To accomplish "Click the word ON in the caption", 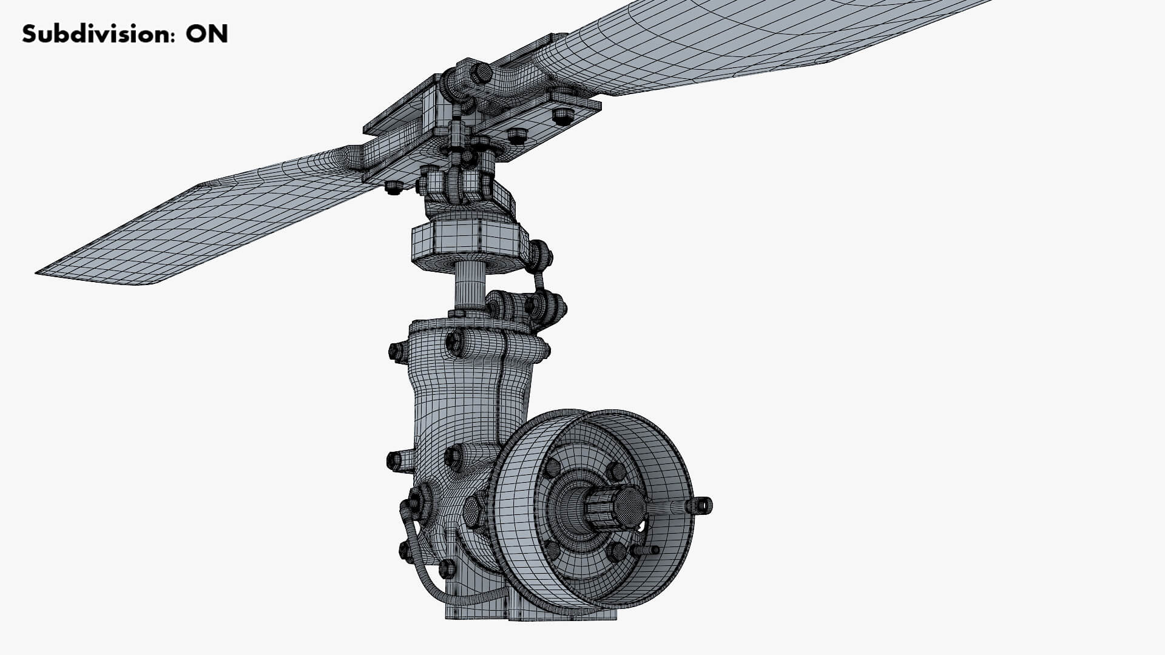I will click(206, 35).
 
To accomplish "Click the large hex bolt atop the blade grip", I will click(482, 73).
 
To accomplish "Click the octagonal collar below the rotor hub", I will click(466, 241).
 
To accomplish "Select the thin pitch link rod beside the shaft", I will click(537, 281).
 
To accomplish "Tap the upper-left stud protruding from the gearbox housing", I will click(397, 351).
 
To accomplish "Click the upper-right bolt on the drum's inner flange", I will click(615, 472).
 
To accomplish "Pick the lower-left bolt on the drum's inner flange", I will click(552, 549).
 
